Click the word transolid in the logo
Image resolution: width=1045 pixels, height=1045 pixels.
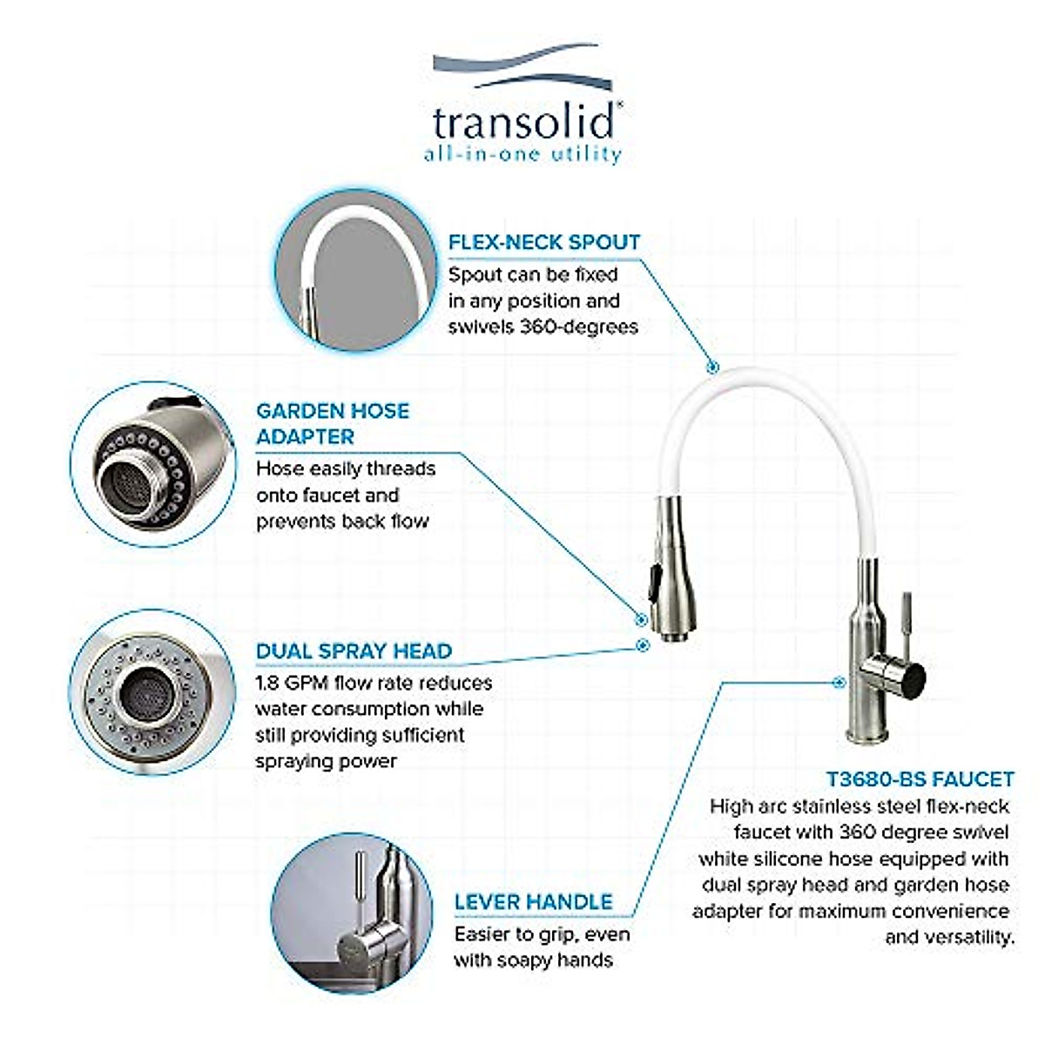525,123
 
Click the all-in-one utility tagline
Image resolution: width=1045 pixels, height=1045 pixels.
522,156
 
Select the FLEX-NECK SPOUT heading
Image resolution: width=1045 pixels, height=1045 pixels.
544,242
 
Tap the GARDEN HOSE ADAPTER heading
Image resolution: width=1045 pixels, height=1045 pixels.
332,423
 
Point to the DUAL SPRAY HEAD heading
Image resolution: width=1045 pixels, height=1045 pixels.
354,651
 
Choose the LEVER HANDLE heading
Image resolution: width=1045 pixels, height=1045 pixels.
533,901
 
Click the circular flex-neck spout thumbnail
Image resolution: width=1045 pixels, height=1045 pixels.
354,273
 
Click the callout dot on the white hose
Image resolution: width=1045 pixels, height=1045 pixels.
713,368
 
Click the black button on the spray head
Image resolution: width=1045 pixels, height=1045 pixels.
654,581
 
